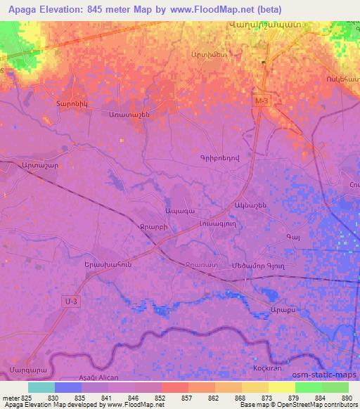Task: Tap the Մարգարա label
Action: click(x=24, y=368)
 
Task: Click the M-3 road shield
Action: click(x=262, y=102)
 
